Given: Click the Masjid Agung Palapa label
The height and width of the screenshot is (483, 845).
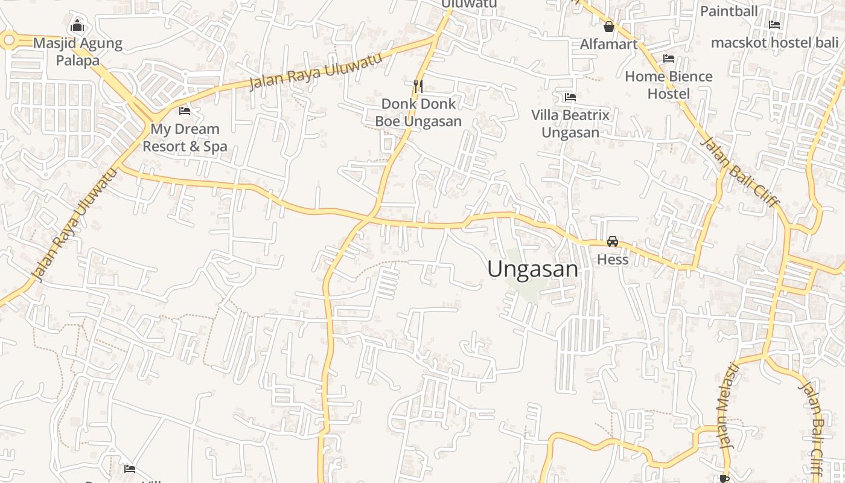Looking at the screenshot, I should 77,52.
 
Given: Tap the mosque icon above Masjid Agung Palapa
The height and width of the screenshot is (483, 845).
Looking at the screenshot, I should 77,26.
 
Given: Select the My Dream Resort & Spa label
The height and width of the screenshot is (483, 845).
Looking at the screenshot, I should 185,138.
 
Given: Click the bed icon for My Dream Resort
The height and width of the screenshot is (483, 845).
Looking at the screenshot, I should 185,111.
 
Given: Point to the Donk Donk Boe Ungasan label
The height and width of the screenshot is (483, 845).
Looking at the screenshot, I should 418,112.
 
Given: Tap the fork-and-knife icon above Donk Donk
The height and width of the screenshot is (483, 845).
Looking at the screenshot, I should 418,86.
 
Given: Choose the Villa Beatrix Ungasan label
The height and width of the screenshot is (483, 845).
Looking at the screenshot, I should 570,123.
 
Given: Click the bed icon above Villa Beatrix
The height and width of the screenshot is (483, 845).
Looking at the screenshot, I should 570,97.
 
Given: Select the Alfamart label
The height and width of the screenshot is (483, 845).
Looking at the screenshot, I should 608,44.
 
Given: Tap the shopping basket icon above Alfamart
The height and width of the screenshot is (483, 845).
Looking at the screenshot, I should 609,27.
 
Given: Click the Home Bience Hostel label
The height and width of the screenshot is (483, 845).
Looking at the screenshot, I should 668,85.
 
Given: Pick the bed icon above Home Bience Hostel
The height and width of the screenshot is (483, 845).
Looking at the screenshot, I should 668,59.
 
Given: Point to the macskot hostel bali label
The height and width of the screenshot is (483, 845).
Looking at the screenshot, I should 774,43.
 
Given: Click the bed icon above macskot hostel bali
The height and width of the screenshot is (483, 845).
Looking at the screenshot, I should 774,25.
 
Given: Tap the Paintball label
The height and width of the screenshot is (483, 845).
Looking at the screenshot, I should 729,11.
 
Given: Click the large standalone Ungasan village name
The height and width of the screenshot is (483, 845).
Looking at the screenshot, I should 532,269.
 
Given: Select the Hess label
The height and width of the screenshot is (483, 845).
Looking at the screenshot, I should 613,260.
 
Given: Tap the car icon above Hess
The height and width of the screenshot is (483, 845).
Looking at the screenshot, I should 613,241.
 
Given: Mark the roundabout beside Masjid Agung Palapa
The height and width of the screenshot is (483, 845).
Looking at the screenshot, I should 8,40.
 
